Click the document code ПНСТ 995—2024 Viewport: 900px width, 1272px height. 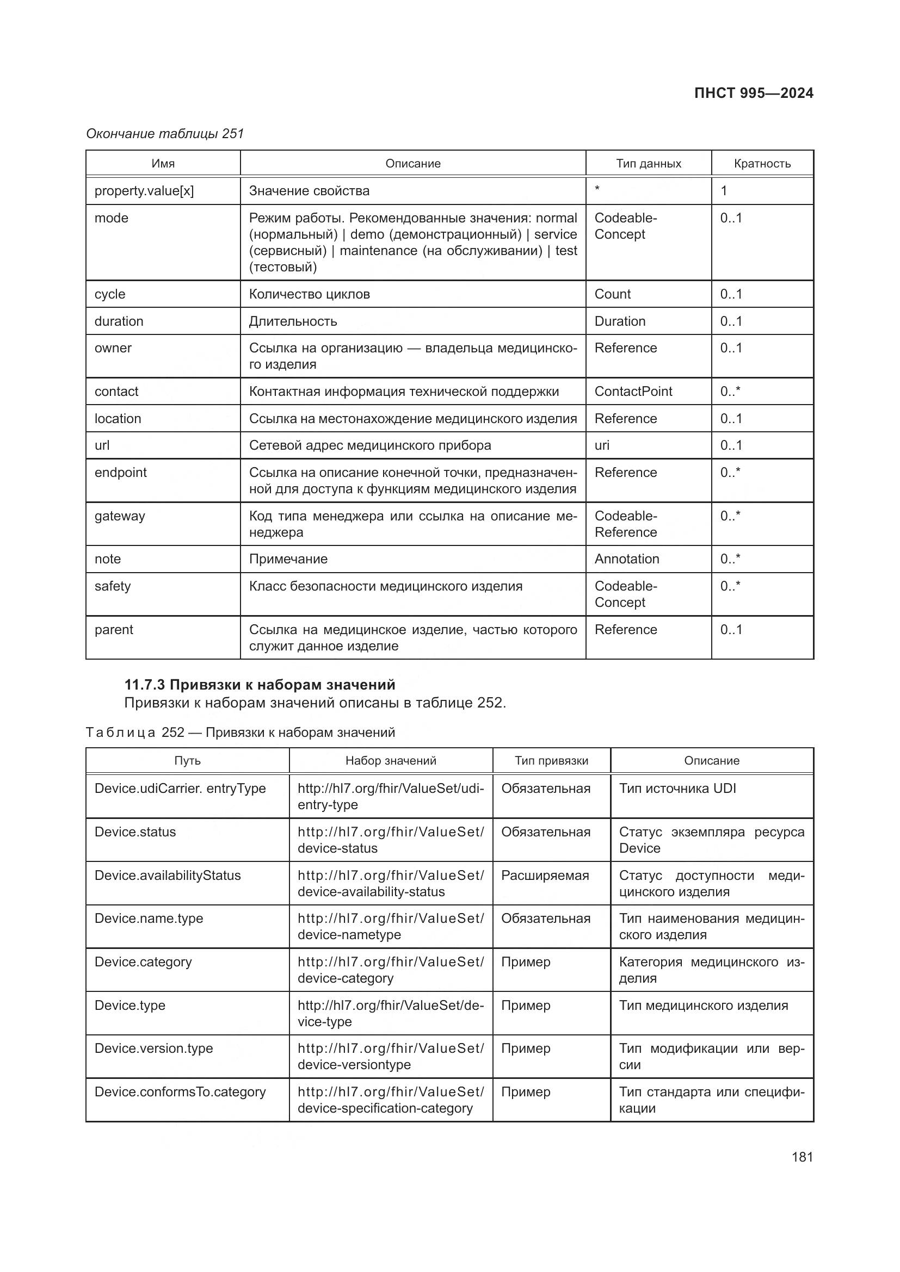tap(753, 93)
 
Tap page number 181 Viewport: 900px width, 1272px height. tap(802, 1157)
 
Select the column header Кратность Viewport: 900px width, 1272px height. tap(762, 164)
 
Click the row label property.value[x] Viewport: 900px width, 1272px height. tap(144, 190)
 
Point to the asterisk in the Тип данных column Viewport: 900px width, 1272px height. tap(597, 189)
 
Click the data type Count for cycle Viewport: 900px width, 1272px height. tap(612, 294)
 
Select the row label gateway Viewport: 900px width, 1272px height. tap(120, 516)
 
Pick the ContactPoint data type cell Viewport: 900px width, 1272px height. tap(633, 392)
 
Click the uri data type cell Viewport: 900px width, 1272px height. tap(602, 445)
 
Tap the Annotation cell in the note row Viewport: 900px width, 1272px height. tap(627, 559)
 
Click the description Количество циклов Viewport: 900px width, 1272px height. tap(309, 294)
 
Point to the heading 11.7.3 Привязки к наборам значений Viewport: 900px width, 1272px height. tap(260, 685)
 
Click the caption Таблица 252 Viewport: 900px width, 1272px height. tap(240, 733)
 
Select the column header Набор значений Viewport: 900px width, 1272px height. tap(391, 761)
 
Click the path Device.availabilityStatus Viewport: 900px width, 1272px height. tap(168, 876)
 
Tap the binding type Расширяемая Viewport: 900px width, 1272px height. tap(545, 876)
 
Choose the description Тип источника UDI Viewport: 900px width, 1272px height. tap(677, 789)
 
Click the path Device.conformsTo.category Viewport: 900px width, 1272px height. tap(180, 1092)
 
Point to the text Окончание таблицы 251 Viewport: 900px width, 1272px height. tap(164, 134)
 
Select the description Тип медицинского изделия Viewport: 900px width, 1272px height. tap(703, 1006)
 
